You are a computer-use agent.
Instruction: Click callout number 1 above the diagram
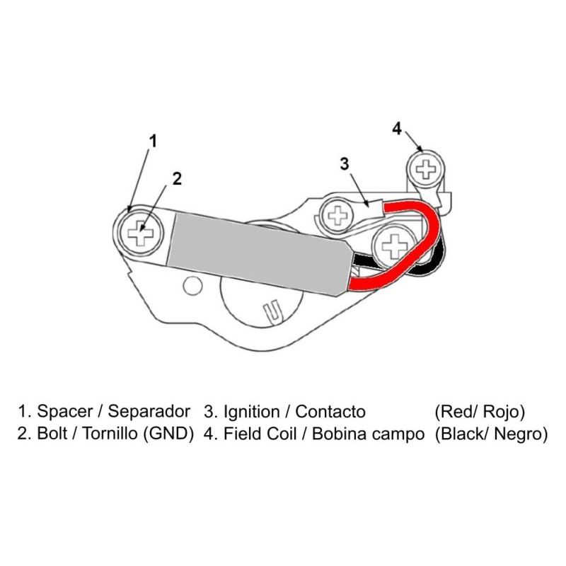click(x=152, y=140)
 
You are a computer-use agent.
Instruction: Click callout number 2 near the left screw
click(x=177, y=178)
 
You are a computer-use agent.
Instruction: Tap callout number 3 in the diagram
click(x=345, y=164)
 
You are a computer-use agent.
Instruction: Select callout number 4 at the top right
click(x=397, y=128)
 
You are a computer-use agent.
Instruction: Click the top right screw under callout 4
click(x=427, y=168)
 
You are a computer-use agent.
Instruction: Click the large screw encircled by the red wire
click(x=393, y=246)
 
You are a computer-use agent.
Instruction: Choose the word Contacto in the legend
click(x=330, y=411)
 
